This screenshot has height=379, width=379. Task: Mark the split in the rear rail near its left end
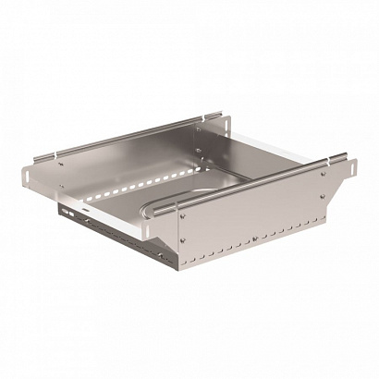[x=61, y=153]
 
